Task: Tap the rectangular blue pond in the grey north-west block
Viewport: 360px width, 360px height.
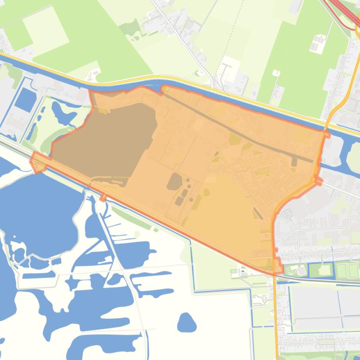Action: pos(26,98)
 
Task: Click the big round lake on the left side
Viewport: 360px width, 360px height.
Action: pos(42,206)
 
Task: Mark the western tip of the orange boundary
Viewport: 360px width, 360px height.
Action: pos(32,161)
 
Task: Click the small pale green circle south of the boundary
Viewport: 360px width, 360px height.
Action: pos(137,234)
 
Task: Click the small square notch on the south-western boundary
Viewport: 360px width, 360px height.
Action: pos(103,198)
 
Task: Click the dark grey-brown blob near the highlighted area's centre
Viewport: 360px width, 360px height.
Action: pos(175,181)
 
